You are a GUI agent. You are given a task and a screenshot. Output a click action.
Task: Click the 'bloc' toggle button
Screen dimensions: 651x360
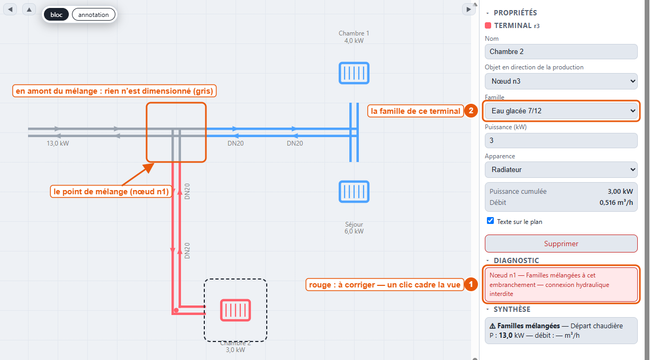click(x=57, y=14)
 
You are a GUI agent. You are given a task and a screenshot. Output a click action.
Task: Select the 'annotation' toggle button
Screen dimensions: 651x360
click(x=93, y=14)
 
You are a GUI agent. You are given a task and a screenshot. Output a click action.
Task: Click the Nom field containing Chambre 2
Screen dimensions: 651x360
click(x=561, y=51)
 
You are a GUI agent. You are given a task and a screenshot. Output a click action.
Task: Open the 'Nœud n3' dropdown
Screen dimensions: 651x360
click(x=561, y=81)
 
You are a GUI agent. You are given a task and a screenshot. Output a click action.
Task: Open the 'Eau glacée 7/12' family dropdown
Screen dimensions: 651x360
click(x=561, y=111)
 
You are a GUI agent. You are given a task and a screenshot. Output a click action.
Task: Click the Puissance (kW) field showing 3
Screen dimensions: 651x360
click(x=561, y=140)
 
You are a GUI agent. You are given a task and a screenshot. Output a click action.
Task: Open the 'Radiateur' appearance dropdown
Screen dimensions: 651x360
click(x=561, y=169)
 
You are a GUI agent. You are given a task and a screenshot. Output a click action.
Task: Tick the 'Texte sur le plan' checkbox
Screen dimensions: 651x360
click(x=490, y=221)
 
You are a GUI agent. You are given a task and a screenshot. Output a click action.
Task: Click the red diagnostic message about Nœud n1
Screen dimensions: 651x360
click(x=561, y=284)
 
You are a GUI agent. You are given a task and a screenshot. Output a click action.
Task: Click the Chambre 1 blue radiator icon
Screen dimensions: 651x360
click(x=354, y=73)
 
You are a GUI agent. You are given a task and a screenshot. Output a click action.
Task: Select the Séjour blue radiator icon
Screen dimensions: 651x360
click(x=354, y=192)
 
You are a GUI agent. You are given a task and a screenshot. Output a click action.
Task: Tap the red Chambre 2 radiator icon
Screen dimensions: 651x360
click(x=236, y=310)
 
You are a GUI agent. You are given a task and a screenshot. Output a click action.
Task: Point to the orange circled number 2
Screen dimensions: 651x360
click(x=471, y=111)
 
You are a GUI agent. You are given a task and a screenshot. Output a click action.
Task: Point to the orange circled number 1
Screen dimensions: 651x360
click(x=471, y=284)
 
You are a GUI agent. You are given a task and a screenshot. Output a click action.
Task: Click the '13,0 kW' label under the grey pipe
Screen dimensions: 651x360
click(x=58, y=143)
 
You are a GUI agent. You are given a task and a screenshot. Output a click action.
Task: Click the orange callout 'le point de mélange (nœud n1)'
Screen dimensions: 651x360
click(x=111, y=192)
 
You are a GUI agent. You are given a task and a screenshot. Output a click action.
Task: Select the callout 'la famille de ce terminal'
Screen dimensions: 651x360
click(x=415, y=111)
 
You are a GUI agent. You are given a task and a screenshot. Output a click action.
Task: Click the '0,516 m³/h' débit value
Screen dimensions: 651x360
click(x=616, y=202)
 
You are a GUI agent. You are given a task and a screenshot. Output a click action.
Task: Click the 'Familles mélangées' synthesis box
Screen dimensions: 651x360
click(x=561, y=331)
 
